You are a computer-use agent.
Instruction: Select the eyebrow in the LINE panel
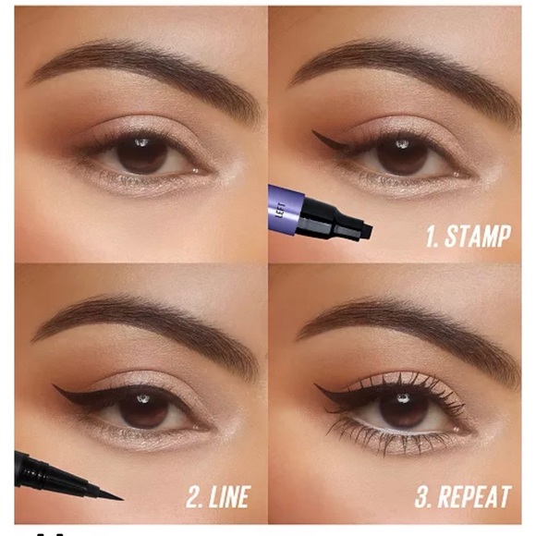click(139, 319)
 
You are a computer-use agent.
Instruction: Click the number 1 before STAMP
click(430, 236)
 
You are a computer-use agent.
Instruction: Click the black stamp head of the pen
click(342, 223)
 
